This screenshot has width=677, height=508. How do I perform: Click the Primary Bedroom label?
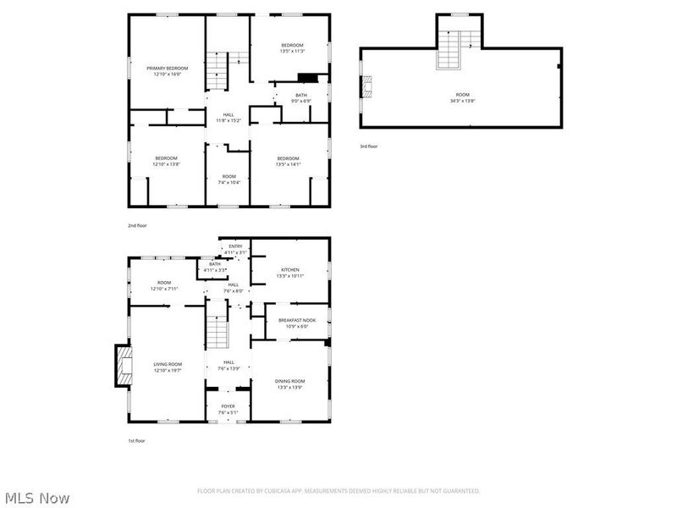pos(167,68)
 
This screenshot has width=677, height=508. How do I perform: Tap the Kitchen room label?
pos(290,270)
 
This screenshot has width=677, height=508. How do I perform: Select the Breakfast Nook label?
pos(297,320)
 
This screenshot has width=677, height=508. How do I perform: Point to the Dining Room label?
pos(290,381)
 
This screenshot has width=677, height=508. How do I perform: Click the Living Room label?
pos(168,364)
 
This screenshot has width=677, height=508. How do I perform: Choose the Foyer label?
pos(228,406)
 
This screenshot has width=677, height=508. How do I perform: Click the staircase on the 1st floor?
pos(219,327)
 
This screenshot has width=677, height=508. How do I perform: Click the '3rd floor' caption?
pos(368,146)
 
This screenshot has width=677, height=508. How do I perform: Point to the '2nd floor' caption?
pos(137,227)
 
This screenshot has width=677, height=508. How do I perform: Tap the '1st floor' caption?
pos(137,441)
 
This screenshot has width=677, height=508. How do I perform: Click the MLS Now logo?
pos(36,498)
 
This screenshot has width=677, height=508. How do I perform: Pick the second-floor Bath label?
pos(301,95)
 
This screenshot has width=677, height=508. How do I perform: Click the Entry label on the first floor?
pos(235,246)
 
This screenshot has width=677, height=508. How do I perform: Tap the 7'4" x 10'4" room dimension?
pos(228,183)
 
